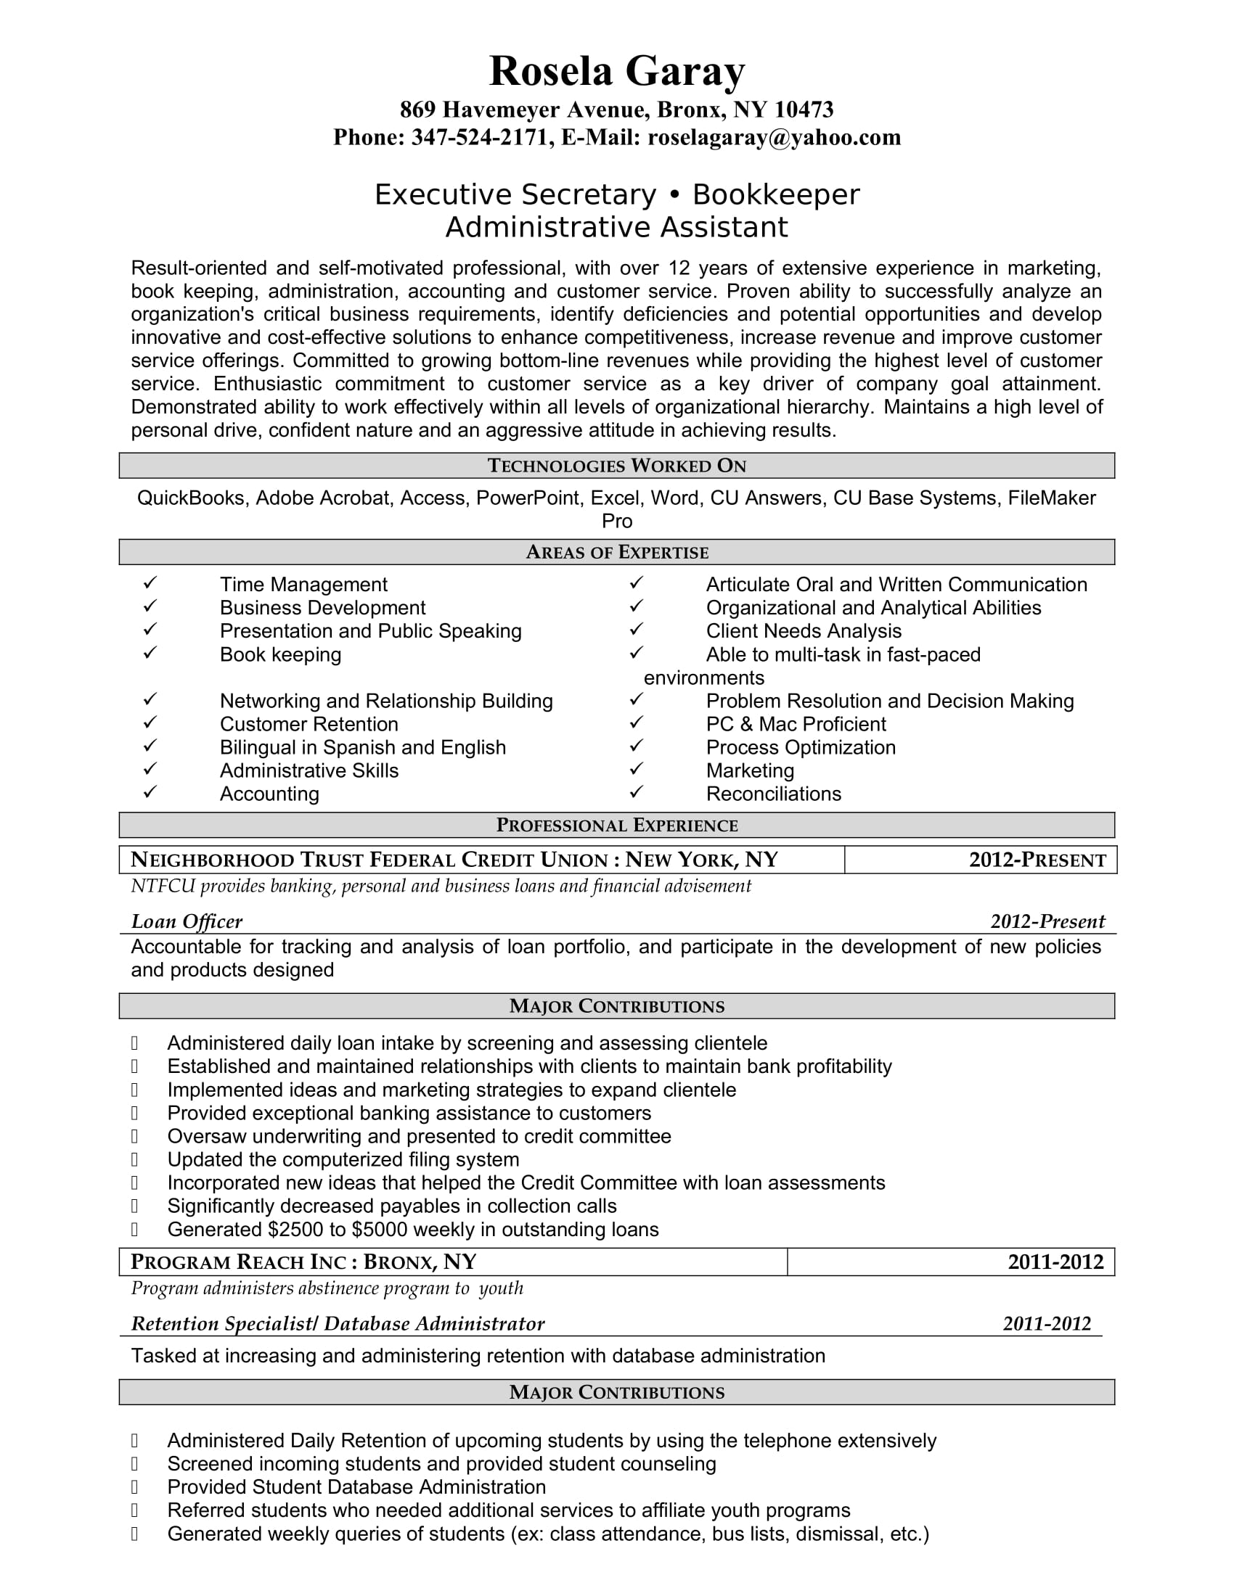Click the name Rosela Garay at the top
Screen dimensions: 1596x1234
[x=616, y=72]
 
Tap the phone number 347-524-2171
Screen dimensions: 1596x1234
[x=479, y=137]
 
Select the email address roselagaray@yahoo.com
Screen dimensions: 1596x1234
[x=775, y=137]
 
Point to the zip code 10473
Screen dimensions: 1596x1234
[x=804, y=110]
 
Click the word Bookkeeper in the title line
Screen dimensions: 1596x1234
[x=776, y=194]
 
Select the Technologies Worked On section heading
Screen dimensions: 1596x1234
[x=616, y=466]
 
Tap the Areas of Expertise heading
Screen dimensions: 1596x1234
[x=616, y=552]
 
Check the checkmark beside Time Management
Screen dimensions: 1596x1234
[x=150, y=583]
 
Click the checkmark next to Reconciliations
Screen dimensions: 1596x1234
[x=636, y=792]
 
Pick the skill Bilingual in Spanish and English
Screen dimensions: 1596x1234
[x=363, y=746]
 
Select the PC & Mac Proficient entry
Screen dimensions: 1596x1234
[x=796, y=723]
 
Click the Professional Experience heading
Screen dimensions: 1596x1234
[x=616, y=825]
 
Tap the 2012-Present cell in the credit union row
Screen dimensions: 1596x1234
[x=1037, y=860]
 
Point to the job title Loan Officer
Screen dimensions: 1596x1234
[x=187, y=921]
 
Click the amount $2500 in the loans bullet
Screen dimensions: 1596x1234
[x=295, y=1229]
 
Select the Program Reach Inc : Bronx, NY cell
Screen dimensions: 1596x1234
[x=303, y=1262]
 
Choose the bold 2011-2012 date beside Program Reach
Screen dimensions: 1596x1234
[x=1055, y=1262]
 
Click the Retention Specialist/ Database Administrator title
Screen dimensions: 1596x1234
[x=338, y=1323]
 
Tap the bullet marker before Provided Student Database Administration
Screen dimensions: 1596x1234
[x=134, y=1487]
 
